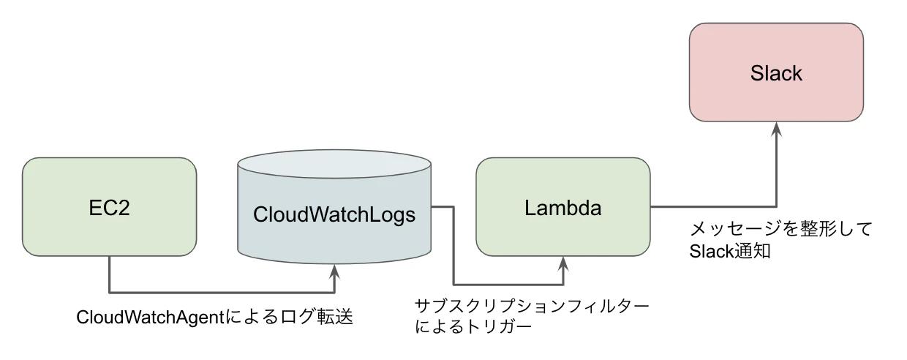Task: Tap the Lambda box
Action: [562, 234]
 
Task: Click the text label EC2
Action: [109, 208]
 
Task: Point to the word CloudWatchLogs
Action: [334, 215]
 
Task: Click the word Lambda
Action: [562, 208]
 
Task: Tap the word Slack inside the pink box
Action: [776, 73]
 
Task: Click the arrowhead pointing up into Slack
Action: [776, 127]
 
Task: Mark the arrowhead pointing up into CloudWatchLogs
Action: [334, 271]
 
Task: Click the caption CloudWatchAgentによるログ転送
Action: [215, 318]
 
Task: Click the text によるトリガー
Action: [473, 326]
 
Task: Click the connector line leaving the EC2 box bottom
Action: [109, 274]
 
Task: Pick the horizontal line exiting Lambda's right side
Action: [713, 207]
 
